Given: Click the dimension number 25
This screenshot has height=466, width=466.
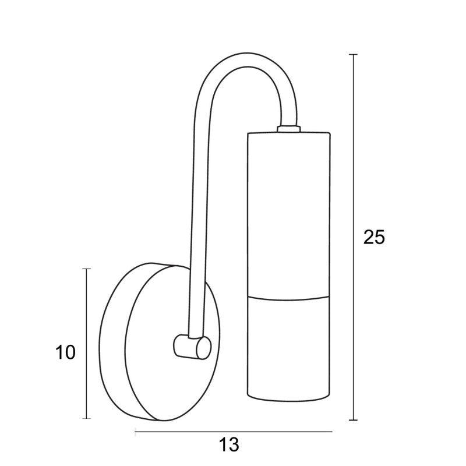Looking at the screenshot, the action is click(x=374, y=238).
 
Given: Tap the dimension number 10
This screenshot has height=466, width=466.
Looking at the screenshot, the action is click(x=65, y=352).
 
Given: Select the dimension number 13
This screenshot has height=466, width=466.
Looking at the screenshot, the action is click(x=229, y=445).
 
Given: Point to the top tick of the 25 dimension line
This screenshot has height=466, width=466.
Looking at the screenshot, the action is click(x=353, y=55).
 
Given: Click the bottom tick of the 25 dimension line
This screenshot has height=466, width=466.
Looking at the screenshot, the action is click(x=353, y=420).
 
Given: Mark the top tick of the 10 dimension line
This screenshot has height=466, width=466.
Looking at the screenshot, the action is click(x=86, y=269).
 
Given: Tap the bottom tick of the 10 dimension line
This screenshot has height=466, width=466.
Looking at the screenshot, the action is click(x=86, y=418).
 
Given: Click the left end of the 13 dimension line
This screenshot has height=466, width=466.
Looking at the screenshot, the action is click(x=135, y=432).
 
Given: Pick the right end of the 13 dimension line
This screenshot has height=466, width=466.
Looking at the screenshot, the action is click(x=331, y=432).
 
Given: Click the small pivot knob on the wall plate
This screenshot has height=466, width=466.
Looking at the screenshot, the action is click(x=192, y=347).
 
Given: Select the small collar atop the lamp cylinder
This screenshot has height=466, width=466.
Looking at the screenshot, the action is click(x=288, y=129).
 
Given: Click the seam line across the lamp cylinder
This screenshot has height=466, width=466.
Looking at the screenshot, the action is click(x=288, y=298).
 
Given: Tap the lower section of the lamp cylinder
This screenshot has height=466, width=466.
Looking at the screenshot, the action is click(x=288, y=348).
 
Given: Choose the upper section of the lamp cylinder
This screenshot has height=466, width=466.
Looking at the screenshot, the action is click(x=288, y=214).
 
